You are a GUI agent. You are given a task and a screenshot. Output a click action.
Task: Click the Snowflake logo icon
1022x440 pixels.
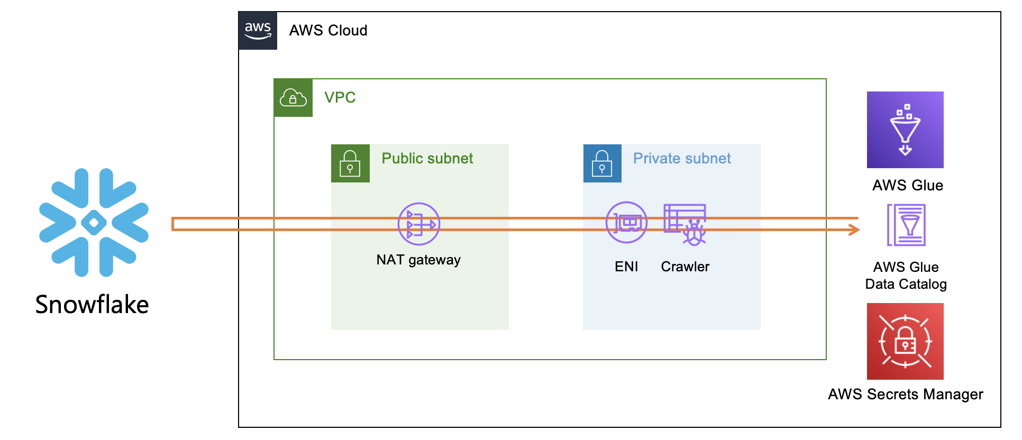coord(94,223)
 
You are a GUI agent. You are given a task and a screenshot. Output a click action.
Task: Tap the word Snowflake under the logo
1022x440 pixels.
coord(92,305)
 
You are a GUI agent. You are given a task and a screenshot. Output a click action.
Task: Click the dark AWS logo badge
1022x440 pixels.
coord(258,31)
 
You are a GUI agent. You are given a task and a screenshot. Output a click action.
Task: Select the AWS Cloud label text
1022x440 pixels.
coord(328,31)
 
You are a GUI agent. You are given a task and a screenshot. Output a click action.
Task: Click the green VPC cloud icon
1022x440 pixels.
coord(293,98)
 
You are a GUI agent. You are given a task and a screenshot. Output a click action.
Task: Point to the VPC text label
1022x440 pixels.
coord(340,98)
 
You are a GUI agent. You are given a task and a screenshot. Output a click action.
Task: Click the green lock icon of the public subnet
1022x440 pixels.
coord(350,163)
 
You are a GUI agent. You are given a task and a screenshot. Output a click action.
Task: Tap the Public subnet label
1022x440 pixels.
coord(427,159)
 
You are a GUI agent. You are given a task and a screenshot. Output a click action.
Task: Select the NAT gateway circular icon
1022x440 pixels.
coord(418,224)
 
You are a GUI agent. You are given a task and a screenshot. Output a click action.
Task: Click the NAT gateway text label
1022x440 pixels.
coord(418,260)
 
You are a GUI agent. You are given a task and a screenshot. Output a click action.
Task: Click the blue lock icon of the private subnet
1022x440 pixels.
coord(602,163)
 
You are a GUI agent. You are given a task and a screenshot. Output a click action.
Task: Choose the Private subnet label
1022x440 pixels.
coord(682,159)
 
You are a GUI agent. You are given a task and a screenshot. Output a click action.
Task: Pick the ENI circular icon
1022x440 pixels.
coord(626,223)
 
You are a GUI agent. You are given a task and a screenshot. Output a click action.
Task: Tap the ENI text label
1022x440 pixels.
coord(626,267)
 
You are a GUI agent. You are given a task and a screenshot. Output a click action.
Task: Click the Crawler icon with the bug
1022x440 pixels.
coord(686,224)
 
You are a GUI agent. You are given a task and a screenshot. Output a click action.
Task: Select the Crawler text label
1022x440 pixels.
coord(685,267)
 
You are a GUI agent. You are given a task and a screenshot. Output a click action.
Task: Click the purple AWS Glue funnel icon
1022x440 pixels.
coord(905,130)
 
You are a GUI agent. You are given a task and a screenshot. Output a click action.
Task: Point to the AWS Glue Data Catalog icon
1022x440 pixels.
coord(906,225)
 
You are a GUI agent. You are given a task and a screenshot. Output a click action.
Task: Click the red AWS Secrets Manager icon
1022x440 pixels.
coord(905,341)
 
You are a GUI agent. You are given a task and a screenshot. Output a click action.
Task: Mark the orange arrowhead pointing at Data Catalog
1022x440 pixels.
coord(854,230)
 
